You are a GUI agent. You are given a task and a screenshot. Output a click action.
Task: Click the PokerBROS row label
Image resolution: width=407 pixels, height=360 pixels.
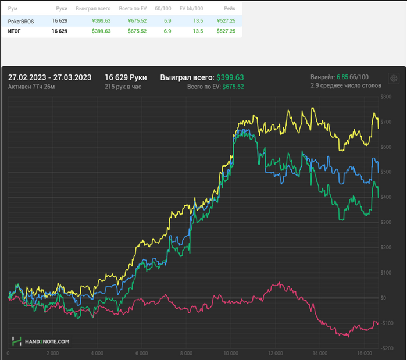[21, 22]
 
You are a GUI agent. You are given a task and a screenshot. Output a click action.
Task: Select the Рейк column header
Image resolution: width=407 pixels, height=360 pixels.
[230, 9]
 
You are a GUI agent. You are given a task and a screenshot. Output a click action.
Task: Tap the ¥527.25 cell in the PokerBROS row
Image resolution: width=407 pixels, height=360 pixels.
[226, 21]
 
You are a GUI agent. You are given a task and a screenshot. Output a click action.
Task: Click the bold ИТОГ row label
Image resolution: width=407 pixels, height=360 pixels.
[14, 31]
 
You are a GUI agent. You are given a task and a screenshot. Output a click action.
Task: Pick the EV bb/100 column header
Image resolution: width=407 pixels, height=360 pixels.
[191, 9]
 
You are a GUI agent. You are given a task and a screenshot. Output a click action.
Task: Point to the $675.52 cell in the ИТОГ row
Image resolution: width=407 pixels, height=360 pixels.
[137, 31]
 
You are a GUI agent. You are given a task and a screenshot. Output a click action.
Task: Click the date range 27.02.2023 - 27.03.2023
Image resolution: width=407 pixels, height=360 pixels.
[49, 77]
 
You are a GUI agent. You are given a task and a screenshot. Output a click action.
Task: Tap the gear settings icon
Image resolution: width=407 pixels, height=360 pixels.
[394, 78]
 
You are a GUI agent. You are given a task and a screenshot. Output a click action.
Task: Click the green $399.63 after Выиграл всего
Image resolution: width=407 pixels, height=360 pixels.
[230, 77]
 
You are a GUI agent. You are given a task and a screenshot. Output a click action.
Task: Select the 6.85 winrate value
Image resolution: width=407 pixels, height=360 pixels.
[342, 77]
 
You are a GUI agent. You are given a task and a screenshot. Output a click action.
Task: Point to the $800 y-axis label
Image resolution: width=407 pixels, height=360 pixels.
[386, 97]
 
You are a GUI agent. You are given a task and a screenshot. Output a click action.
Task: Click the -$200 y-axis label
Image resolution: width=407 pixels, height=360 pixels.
[387, 348]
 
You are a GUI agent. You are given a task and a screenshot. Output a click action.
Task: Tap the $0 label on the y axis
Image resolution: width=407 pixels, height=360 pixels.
[383, 298]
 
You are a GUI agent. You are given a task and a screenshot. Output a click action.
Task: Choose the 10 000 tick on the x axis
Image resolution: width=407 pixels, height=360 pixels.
[231, 353]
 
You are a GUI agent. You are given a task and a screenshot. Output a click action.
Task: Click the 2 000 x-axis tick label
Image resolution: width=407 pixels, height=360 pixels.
[53, 353]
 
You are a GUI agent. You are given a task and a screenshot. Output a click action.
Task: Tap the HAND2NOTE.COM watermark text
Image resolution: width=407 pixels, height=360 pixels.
[47, 341]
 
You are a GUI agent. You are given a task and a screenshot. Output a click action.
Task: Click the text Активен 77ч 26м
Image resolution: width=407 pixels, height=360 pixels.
[31, 87]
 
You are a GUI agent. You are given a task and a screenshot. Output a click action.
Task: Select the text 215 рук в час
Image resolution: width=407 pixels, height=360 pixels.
[123, 87]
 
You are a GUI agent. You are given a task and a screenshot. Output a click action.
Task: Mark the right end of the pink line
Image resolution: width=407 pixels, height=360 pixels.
[378, 323]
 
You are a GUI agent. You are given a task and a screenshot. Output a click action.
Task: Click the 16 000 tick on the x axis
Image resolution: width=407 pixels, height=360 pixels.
[365, 353]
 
